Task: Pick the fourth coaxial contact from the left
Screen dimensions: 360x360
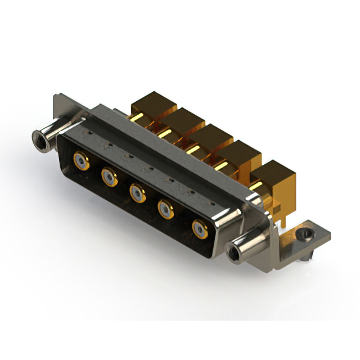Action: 166,210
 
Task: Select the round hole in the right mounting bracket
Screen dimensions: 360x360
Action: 307,232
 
